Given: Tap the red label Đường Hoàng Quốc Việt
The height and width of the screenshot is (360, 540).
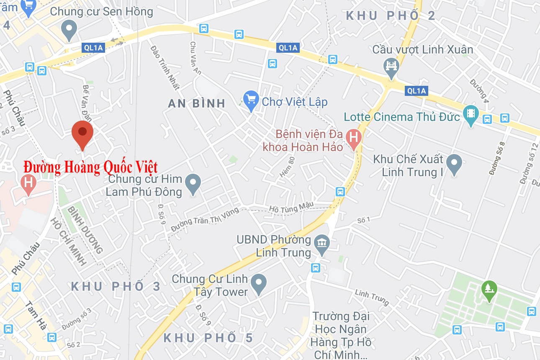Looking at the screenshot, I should click(90, 167).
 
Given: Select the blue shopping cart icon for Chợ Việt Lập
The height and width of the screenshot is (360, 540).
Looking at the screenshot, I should click(251, 100).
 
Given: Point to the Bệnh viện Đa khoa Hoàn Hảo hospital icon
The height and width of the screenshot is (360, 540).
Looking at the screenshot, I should click(354, 139).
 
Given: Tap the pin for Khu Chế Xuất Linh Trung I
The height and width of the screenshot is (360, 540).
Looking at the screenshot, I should click(454, 163).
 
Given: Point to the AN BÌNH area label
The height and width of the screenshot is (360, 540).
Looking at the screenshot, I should click(197, 103).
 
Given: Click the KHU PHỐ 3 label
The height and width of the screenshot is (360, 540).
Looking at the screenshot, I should click(116, 287).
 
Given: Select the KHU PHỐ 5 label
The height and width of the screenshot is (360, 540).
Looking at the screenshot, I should click(208, 337).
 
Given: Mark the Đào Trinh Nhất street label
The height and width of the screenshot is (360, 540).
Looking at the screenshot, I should click(165, 67).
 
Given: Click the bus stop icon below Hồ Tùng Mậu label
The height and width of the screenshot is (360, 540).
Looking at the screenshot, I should click(340, 192).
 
